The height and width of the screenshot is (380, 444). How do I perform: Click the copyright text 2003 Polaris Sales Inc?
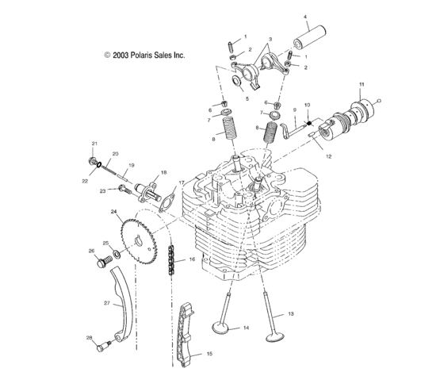coord(144,56)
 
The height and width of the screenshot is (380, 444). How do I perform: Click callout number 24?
coord(113,212)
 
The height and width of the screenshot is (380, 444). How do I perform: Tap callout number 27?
coord(106,302)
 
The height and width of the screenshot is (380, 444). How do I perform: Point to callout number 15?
coord(209,354)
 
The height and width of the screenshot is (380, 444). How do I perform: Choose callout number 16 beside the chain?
coord(192,259)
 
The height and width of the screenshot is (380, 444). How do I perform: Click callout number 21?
coord(94,144)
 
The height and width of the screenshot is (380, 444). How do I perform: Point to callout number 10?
coord(308,106)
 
